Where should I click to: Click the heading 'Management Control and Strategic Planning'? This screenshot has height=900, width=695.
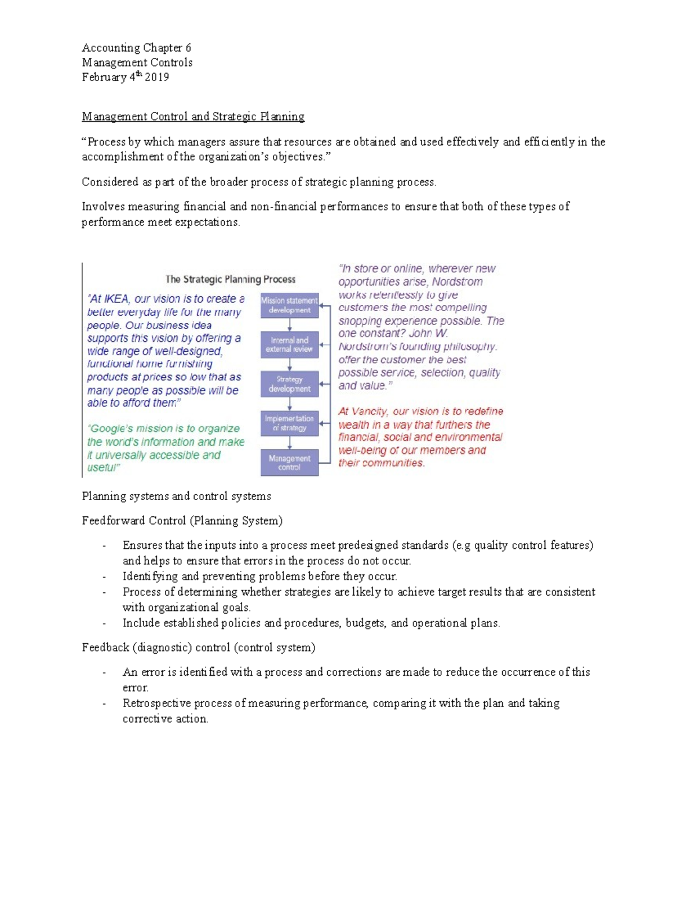tap(193, 116)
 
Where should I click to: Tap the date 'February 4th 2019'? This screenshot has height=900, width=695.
tap(125, 77)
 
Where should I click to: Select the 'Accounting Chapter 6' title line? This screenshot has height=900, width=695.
tap(136, 48)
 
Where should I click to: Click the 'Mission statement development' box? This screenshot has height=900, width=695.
tap(289, 305)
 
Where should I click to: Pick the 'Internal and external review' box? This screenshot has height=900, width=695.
tap(289, 344)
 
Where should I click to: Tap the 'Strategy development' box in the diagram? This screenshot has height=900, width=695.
tap(289, 384)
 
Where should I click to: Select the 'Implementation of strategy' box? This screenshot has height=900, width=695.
tap(289, 423)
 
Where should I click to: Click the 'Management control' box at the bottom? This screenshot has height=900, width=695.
tap(289, 462)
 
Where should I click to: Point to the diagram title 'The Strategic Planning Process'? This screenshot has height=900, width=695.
tap(230, 279)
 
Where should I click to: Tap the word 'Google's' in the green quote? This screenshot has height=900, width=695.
tap(108, 429)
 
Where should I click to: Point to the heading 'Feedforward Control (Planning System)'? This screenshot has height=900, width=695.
tap(182, 520)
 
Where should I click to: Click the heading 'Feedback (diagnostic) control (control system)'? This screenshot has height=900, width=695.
tap(198, 647)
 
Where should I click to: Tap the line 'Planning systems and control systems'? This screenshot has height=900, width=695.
tap(176, 496)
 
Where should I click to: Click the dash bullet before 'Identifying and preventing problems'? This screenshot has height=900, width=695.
tap(104, 577)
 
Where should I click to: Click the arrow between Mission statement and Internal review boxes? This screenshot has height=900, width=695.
tap(290, 324)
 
